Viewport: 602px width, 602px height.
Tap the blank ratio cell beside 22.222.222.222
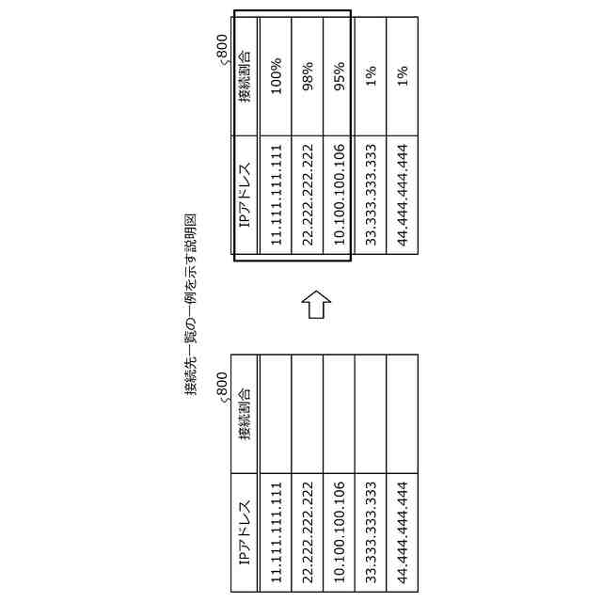pos(308,414)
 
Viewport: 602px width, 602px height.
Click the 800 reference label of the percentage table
pos(222,49)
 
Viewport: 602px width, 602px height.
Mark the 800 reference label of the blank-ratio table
pos(222,388)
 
